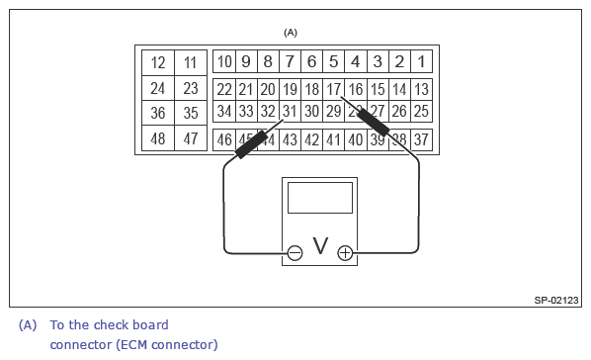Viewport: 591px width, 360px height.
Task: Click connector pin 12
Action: click(157, 62)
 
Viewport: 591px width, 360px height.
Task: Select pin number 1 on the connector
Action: click(421, 61)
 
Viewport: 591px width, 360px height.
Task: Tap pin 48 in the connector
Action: click(157, 138)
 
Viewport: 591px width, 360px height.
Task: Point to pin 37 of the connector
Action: click(421, 138)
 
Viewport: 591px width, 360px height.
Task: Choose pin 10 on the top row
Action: click(224, 61)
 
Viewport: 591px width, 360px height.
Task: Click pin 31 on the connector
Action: click(290, 112)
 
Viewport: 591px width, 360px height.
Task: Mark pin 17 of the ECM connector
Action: click(334, 89)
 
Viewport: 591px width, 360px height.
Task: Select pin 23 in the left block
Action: click(191, 88)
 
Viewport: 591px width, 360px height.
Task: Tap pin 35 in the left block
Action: click(191, 113)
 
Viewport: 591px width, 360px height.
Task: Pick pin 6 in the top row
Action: click(311, 61)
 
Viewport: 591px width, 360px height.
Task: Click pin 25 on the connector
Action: click(421, 112)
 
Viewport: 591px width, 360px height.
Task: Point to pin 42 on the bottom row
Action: click(311, 138)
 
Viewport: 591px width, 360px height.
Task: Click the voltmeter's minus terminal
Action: click(295, 253)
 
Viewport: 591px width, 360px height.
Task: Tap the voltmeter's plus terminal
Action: click(345, 253)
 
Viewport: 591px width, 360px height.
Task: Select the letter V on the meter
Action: click(319, 246)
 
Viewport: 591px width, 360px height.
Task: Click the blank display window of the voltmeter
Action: click(319, 197)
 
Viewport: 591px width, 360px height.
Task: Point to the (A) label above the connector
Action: click(291, 33)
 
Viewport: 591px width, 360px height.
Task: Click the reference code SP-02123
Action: click(556, 300)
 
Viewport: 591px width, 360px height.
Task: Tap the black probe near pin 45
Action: click(255, 142)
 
